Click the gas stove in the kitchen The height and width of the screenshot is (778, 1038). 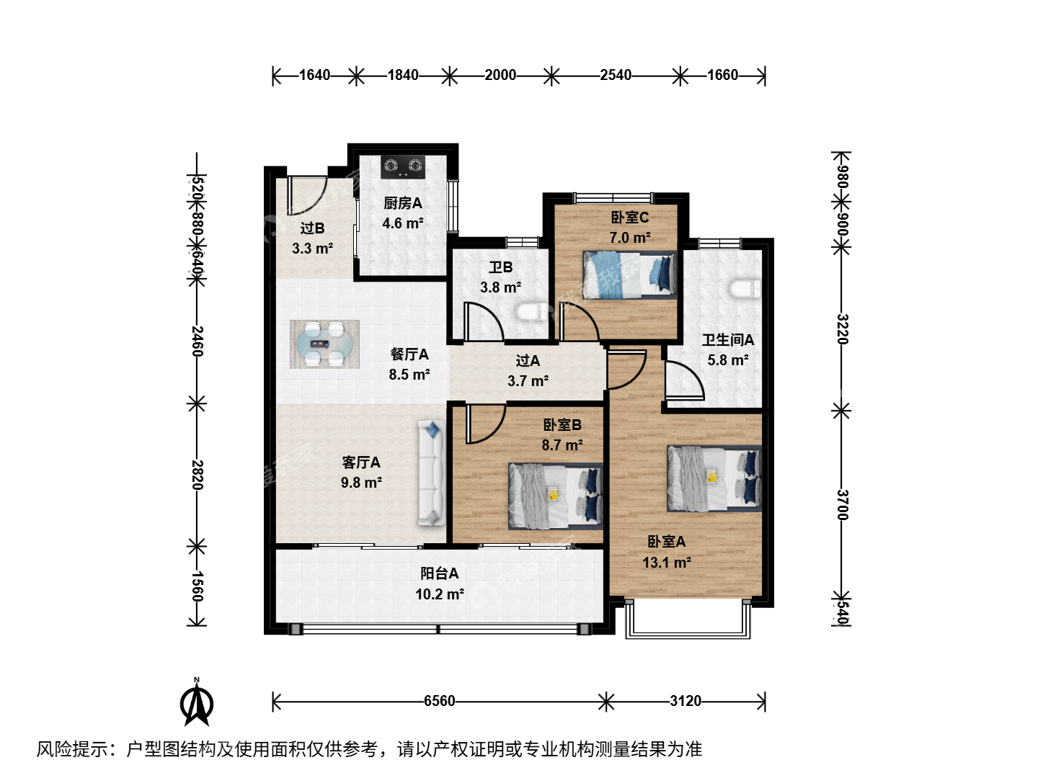point(402,167)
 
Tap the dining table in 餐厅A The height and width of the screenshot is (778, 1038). point(324,344)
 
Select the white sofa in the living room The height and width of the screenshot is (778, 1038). point(431,473)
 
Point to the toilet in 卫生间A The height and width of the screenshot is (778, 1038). point(745,289)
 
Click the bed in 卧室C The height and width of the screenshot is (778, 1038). point(629,275)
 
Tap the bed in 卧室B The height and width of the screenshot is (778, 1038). point(555,496)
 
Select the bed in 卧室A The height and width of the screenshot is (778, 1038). point(714,478)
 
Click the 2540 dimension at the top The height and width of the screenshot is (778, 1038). point(616,75)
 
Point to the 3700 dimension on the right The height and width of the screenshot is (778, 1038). point(842,504)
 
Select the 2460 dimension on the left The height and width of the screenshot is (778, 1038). point(198,341)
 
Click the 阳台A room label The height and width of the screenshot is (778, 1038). point(439,573)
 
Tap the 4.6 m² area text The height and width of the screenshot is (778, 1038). point(403,223)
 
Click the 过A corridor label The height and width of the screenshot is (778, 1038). point(528,361)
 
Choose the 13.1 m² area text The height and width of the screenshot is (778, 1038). point(667,563)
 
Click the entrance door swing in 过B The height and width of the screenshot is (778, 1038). point(306,195)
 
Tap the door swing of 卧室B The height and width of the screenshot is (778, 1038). point(486,424)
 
